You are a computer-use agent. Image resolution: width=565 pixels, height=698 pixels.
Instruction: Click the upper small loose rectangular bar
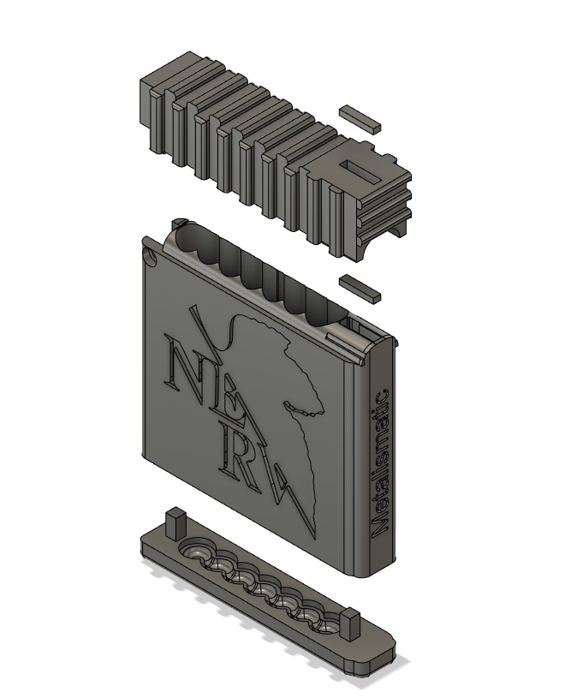tap(360, 119)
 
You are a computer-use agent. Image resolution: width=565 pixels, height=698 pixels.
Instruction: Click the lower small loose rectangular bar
tap(360, 289)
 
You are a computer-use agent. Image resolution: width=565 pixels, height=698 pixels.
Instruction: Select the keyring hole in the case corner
tap(151, 257)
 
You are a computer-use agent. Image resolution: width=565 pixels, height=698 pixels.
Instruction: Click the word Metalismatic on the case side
tap(380, 463)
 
